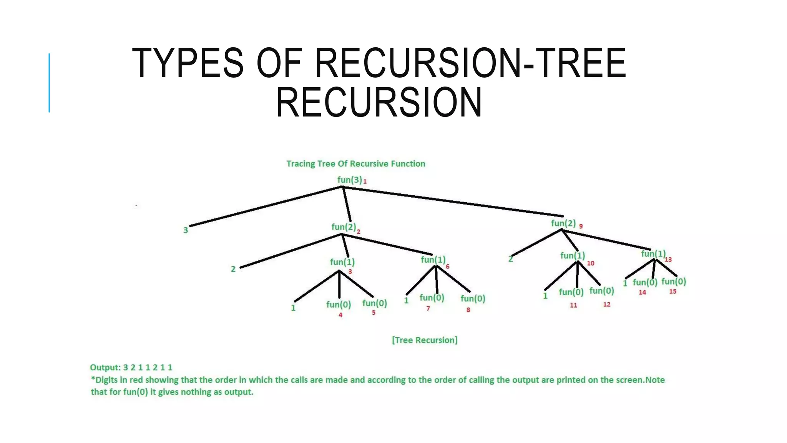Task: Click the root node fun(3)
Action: point(349,180)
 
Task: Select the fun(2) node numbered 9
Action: point(563,223)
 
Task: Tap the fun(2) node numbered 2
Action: point(344,227)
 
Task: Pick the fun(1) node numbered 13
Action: point(653,254)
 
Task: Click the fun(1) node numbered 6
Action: point(433,260)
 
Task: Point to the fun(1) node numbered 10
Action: point(572,256)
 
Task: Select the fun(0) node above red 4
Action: point(339,305)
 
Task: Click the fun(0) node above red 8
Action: point(473,298)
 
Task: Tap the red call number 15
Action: point(672,291)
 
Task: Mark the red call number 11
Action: point(573,305)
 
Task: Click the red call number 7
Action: point(428,308)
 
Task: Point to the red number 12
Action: point(607,305)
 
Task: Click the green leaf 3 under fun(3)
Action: point(186,230)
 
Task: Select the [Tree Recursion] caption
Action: point(425,340)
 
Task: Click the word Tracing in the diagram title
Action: point(301,164)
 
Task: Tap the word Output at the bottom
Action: point(105,368)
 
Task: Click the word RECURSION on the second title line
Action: point(379,102)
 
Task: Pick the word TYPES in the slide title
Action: point(188,63)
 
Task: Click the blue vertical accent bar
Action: point(49,83)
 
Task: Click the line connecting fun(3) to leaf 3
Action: point(265,207)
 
